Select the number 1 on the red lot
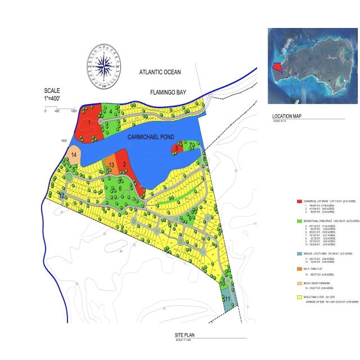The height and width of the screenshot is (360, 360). coord(89,121)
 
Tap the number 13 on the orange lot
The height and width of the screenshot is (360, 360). coord(112,165)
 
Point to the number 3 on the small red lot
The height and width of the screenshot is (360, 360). coord(177,149)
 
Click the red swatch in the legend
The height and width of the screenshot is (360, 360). coord(300,201)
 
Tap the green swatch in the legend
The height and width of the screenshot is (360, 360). coord(300,221)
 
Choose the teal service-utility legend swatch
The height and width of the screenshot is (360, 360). coord(300,253)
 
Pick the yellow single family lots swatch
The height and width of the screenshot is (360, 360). coord(300,296)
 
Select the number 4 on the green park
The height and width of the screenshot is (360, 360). coord(111,110)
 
